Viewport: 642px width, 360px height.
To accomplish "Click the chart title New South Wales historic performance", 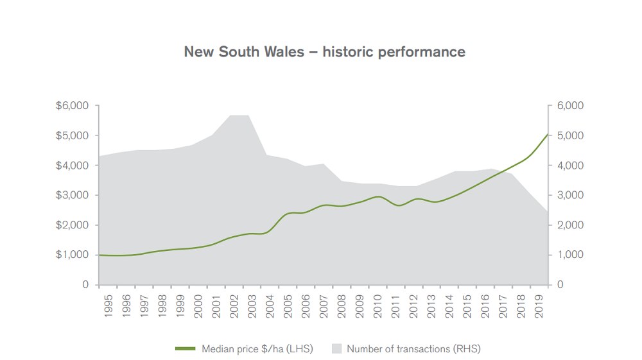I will pyautogui.click(x=324, y=51).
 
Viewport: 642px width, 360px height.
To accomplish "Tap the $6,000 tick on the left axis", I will pyautogui.click(x=73, y=106).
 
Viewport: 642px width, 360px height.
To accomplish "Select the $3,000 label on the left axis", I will pyautogui.click(x=73, y=195).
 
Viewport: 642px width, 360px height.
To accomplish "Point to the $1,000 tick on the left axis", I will pyautogui.click(x=73, y=255).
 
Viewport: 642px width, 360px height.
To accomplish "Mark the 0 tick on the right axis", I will pyautogui.click(x=560, y=284).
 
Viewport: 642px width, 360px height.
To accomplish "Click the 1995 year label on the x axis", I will pyautogui.click(x=108, y=305).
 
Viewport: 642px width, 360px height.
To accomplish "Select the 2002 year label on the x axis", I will pyautogui.click(x=234, y=305).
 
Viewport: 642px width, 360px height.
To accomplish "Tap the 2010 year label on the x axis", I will pyautogui.click(x=378, y=305).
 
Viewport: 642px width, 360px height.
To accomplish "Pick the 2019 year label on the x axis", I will pyautogui.click(x=539, y=305).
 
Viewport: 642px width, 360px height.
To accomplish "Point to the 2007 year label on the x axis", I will pyautogui.click(x=324, y=305).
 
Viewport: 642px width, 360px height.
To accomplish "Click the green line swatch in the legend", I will pyautogui.click(x=185, y=349).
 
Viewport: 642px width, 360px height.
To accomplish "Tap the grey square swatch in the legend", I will pyautogui.click(x=336, y=349).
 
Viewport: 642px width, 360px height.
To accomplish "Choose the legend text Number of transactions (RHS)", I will pyautogui.click(x=413, y=349).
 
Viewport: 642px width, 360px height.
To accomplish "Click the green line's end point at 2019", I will pyautogui.click(x=547, y=134).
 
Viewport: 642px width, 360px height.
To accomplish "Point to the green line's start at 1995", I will pyautogui.click(x=100, y=255).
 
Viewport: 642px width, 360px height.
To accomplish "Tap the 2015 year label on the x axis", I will pyautogui.click(x=467, y=305).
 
